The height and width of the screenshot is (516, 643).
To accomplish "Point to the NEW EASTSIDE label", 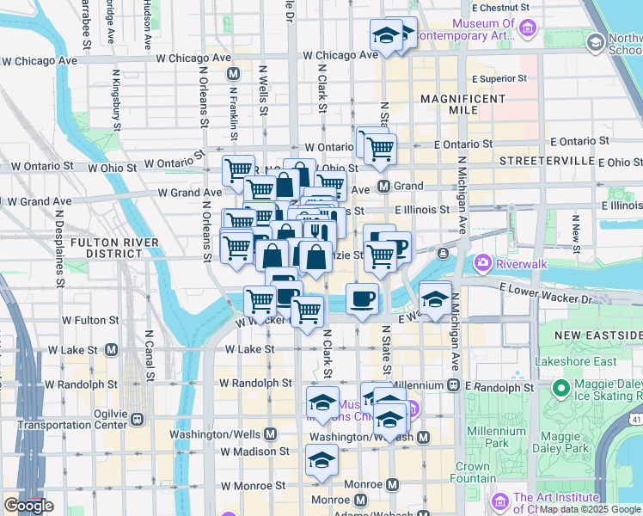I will point(597,334).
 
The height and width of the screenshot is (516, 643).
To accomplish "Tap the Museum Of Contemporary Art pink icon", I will point(529,30).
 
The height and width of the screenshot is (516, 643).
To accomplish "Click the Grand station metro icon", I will point(384,186).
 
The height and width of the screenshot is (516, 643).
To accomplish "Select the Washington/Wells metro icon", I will point(270,433).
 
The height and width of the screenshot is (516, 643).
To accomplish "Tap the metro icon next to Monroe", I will point(360,500).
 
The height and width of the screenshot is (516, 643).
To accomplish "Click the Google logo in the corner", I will point(28,506).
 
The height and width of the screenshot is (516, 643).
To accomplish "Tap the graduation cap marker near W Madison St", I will point(322,458).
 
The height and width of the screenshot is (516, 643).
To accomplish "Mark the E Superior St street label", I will point(498,78).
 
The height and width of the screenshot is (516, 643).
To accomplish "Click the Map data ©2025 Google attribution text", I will point(584,509).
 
